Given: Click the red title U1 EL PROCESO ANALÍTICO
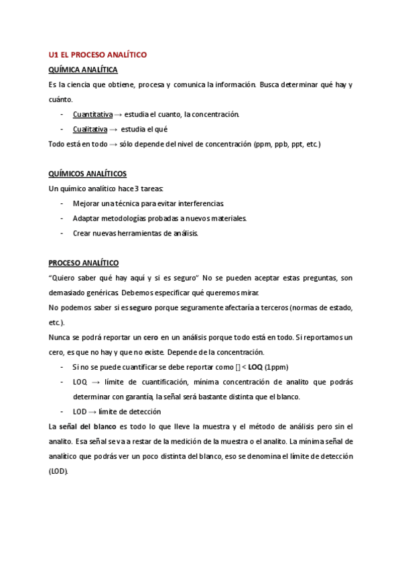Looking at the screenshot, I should tap(98, 54).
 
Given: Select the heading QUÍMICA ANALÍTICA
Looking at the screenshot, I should tap(83, 69).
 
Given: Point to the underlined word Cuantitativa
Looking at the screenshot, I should tap(92, 114).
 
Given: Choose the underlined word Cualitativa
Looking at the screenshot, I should tap(90, 129).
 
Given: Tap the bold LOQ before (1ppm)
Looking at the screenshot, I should tap(255, 367).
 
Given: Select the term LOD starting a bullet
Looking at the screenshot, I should tap(80, 411).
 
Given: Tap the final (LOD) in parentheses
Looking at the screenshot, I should tap(59, 471).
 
